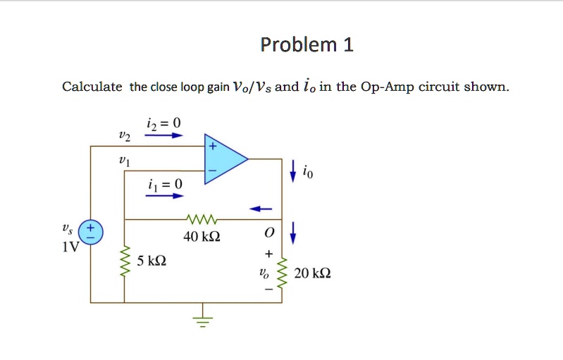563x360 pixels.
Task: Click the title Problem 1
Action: pyautogui.click(x=307, y=46)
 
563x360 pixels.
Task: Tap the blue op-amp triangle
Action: pyautogui.click(x=224, y=159)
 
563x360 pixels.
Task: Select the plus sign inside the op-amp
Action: pyautogui.click(x=211, y=147)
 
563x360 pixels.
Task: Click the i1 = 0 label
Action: pyautogui.click(x=165, y=185)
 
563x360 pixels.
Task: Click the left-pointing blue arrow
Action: pyautogui.click(x=261, y=209)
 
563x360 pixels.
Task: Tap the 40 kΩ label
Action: pyautogui.click(x=202, y=237)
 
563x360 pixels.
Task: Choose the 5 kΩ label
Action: pyautogui.click(x=151, y=261)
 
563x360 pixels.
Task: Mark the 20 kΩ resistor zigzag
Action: pyautogui.click(x=283, y=273)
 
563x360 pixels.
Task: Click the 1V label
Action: pyautogui.click(x=69, y=247)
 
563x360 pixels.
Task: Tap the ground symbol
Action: pyautogui.click(x=203, y=318)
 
